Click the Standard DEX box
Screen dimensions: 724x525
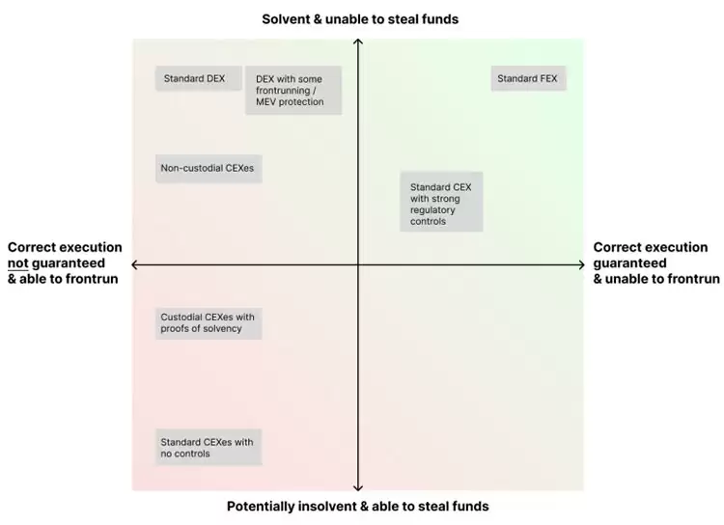coord(199,78)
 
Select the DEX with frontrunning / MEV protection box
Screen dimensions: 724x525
coord(293,90)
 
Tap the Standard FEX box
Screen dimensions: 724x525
coord(528,78)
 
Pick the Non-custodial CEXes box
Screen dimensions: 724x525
coord(209,169)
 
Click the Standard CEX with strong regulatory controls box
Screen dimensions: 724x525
coord(441,202)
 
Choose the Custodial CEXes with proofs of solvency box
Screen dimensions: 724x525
coord(209,323)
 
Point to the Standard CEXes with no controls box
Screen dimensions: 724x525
coord(209,447)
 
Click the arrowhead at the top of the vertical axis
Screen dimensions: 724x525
coord(358,41)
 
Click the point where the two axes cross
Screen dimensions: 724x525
coord(358,264)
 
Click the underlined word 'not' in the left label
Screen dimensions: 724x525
coord(18,263)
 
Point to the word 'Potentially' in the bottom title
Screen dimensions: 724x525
coord(261,507)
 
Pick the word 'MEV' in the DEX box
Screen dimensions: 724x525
coord(265,102)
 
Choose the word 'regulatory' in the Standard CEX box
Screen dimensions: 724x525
coord(432,210)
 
